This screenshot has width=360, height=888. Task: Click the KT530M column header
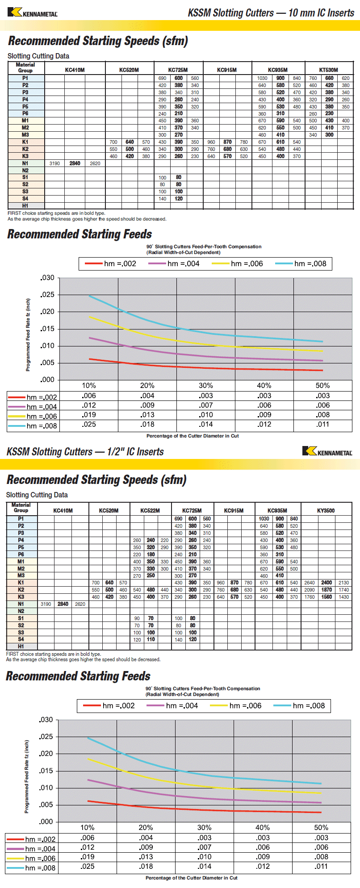pyautogui.click(x=328, y=70)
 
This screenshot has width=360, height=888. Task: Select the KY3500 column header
pyautogui.click(x=326, y=510)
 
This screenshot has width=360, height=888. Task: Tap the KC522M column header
pyautogui.click(x=150, y=510)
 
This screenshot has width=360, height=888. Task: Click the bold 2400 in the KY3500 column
pyautogui.click(x=327, y=583)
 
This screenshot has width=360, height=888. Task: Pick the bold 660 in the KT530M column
pyautogui.click(x=329, y=78)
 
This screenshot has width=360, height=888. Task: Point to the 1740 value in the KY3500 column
pyautogui.click(x=343, y=590)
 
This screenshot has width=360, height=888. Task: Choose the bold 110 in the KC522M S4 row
pyautogui.click(x=151, y=639)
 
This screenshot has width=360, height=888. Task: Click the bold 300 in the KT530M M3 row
pyautogui.click(x=329, y=135)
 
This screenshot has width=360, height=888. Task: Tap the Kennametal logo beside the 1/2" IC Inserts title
pyautogui.click(x=327, y=451)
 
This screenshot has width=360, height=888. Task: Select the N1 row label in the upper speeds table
pyautogui.click(x=25, y=163)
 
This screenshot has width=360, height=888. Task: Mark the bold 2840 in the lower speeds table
pyautogui.click(x=63, y=604)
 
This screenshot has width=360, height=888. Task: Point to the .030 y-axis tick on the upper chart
pyautogui.click(x=47, y=278)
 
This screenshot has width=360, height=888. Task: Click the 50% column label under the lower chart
pyautogui.click(x=321, y=827)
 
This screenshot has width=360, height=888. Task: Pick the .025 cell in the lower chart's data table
pyautogui.click(x=88, y=866)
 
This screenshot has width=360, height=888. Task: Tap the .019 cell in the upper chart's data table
pyautogui.click(x=89, y=415)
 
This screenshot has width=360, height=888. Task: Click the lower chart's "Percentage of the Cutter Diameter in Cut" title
pyautogui.click(x=191, y=878)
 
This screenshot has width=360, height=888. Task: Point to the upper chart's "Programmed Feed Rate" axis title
pyautogui.click(x=28, y=335)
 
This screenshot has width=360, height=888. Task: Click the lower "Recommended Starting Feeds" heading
pyautogui.click(x=78, y=676)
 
